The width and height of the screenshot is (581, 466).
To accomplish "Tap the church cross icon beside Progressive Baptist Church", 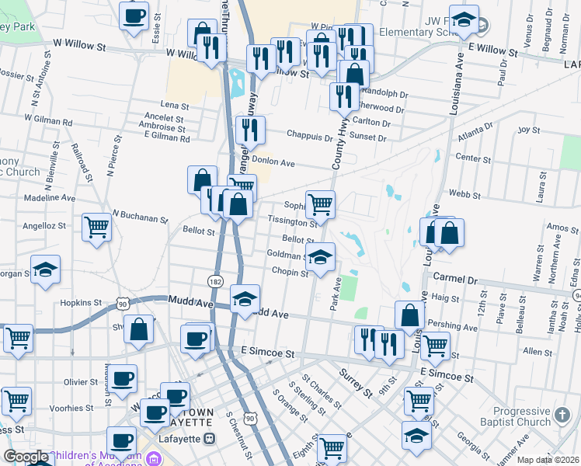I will [565, 417].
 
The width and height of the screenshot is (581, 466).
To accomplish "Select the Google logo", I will [26, 457].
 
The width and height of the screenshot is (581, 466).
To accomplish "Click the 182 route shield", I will [215, 280].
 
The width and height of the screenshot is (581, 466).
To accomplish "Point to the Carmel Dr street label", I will [454, 277].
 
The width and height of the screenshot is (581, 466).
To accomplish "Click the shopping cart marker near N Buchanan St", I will [97, 228].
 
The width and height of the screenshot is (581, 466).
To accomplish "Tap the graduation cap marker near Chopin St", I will [319, 257].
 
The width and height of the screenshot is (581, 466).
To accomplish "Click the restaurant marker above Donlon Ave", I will [250, 130].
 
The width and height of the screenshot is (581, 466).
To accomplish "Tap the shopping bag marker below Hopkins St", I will [138, 329].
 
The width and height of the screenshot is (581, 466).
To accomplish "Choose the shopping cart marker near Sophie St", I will [320, 204].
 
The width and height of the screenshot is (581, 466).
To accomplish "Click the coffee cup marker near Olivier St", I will [122, 379].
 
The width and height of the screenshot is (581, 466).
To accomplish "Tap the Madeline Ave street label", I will [50, 198].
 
